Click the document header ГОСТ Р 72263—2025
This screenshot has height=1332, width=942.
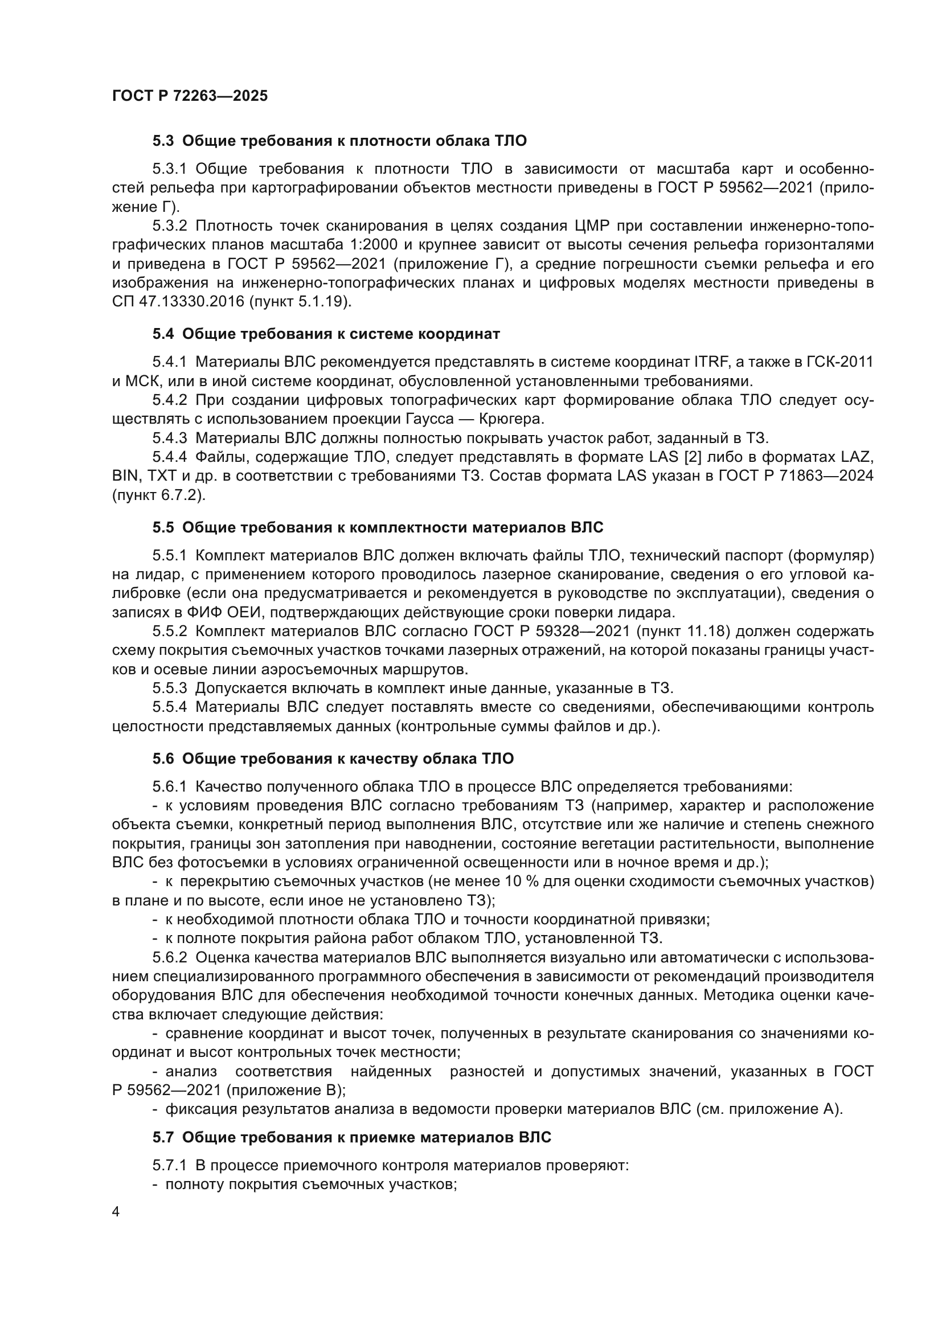pos(190,96)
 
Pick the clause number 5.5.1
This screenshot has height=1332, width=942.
pos(169,555)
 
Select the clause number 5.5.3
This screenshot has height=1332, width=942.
pos(169,688)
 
